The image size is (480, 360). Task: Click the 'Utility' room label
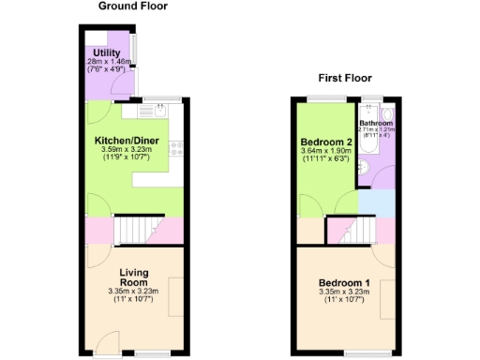105,52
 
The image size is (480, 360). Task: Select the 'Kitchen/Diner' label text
126,142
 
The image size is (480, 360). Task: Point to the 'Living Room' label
134,278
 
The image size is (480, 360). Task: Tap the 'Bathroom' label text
376,122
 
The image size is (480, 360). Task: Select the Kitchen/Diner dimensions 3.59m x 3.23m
126,151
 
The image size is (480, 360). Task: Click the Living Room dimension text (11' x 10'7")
134,300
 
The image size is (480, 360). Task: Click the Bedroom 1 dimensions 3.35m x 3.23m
344,292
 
